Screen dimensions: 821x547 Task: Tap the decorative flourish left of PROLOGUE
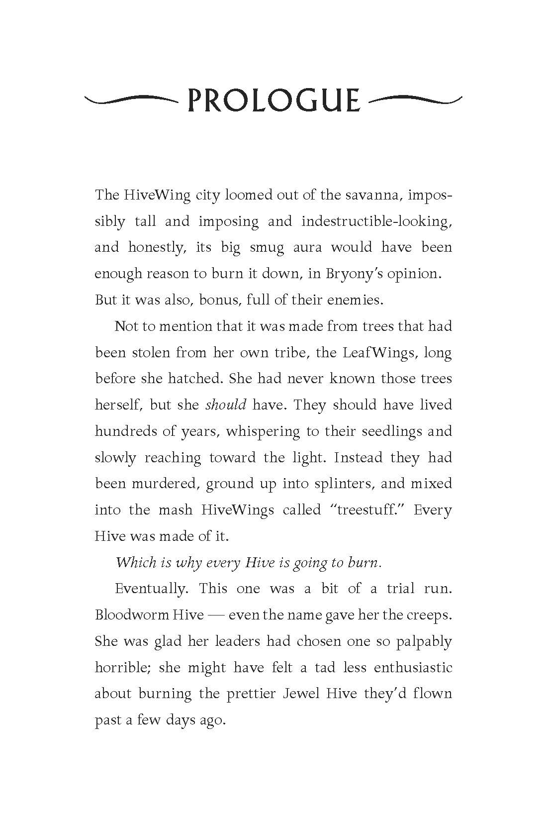click(x=131, y=100)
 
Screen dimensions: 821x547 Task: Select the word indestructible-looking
click(x=376, y=221)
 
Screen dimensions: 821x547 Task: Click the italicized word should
click(x=226, y=405)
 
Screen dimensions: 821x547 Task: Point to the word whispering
click(x=263, y=431)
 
